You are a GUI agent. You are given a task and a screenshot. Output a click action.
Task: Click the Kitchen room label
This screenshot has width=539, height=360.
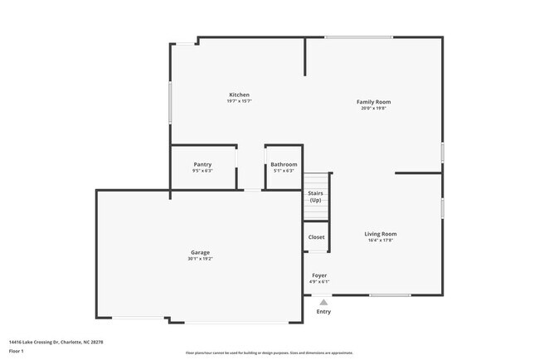239,95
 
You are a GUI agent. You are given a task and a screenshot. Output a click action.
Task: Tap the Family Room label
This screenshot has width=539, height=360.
373,102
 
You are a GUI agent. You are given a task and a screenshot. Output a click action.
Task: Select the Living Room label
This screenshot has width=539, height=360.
381,234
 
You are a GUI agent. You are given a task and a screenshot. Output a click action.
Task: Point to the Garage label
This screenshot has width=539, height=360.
199,252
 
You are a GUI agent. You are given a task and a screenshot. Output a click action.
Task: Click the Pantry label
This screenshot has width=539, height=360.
202,164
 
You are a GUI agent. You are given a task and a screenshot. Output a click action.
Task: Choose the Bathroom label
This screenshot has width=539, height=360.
284,164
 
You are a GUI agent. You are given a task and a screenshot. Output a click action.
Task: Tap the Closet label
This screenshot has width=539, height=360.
316,237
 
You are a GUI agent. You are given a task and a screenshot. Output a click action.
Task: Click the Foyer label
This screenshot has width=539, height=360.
319,275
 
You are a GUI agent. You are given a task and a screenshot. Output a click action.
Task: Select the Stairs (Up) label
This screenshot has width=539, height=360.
315,197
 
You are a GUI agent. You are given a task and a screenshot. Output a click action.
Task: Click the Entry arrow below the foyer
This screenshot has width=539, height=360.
323,302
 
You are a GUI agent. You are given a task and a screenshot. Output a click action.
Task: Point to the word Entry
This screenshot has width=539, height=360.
323,312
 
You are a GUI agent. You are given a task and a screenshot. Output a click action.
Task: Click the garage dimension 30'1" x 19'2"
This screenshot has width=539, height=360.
200,259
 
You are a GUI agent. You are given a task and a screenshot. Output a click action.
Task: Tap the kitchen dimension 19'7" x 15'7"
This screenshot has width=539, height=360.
239,101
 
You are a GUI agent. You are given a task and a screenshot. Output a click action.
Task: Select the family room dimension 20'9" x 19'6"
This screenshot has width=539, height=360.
373,109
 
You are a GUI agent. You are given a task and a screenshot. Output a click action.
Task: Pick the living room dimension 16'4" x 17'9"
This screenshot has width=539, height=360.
381,241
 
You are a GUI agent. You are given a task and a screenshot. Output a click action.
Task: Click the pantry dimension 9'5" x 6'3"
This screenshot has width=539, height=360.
202,171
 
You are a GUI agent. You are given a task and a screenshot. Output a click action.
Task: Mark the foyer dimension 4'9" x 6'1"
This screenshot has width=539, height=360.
319,281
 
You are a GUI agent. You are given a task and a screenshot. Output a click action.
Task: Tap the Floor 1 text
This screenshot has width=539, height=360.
16,350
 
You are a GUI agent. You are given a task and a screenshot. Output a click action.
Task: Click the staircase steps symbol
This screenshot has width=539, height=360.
315,180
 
